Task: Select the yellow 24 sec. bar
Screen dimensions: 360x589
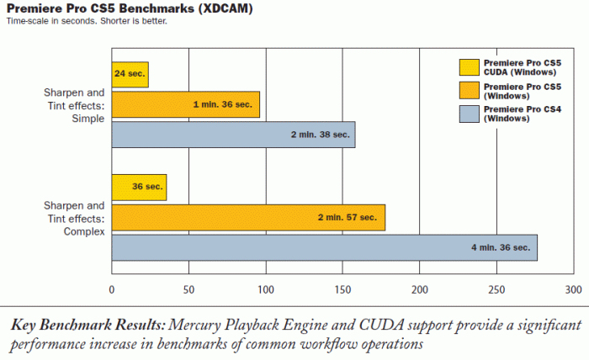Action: coord(130,75)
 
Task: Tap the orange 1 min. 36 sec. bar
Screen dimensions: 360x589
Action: coord(185,104)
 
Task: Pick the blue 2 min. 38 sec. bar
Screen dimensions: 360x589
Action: coord(233,135)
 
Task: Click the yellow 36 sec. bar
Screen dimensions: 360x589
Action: coord(139,188)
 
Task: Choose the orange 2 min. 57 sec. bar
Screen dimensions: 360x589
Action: coord(248,217)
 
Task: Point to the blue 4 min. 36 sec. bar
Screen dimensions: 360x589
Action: coord(324,247)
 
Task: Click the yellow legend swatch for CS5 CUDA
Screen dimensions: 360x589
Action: coord(470,66)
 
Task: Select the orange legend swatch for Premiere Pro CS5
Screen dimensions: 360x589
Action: coord(470,90)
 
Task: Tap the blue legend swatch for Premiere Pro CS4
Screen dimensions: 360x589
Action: coord(470,114)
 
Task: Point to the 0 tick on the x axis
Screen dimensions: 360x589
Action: coord(112,289)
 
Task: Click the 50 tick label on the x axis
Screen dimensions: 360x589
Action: coord(188,289)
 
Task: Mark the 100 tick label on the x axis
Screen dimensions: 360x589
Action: coord(266,289)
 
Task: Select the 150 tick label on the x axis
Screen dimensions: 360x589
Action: coord(342,289)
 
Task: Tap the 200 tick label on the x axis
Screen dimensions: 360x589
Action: coord(420,289)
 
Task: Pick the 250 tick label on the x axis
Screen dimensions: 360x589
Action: coord(496,289)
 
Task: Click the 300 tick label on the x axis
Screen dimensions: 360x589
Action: coord(573,289)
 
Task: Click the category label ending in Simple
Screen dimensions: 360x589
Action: coord(75,105)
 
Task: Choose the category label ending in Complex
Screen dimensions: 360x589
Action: coord(75,218)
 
